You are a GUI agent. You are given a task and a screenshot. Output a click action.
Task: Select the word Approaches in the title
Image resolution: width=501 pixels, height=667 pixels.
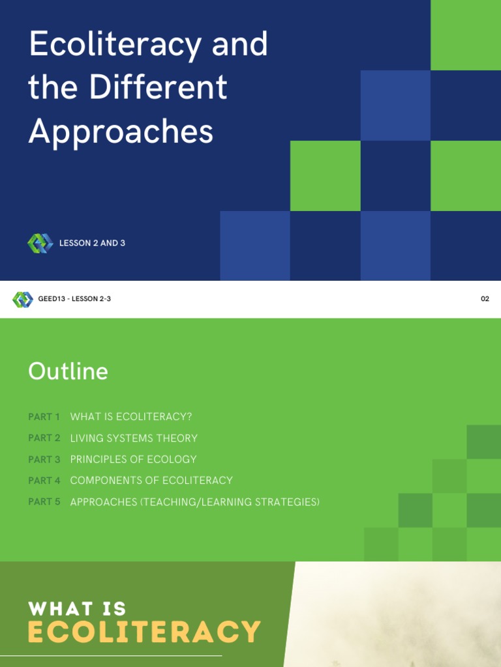[121, 131]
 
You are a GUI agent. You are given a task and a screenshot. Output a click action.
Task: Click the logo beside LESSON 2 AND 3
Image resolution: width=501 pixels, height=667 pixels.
[40, 244]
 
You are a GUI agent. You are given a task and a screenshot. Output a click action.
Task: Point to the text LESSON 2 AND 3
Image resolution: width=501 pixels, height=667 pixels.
[92, 244]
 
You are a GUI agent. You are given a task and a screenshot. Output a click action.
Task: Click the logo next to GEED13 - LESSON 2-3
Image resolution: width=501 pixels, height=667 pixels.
[22, 300]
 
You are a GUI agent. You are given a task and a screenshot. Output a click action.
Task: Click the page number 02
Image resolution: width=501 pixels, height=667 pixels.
[485, 300]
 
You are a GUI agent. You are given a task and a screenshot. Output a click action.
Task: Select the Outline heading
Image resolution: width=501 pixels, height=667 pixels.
[68, 371]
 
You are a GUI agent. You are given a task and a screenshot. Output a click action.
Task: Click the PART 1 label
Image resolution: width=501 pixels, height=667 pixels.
[44, 417]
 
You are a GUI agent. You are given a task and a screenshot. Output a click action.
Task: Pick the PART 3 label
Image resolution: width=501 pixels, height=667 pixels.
[44, 459]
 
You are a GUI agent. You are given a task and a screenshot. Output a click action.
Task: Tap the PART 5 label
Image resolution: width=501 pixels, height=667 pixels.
[44, 502]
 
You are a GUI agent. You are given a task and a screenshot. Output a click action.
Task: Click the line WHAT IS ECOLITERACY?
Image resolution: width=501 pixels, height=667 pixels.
[131, 417]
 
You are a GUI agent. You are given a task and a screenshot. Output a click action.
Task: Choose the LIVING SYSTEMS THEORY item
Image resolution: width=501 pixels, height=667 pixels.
[134, 438]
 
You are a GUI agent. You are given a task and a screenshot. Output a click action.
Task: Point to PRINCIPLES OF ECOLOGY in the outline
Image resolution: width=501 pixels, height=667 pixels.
[133, 459]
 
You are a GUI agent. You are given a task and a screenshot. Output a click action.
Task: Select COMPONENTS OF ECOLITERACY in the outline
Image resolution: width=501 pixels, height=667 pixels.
[151, 481]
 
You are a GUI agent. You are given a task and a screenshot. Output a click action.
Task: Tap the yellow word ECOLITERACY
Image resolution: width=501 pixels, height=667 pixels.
[144, 632]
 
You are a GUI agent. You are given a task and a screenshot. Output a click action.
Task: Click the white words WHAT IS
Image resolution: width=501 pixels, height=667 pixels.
[77, 609]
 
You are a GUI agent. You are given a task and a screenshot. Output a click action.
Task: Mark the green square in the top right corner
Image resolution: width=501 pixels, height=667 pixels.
[466, 35]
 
